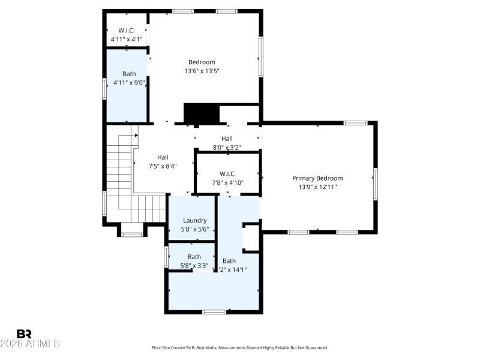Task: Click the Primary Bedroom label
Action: [x=317, y=178]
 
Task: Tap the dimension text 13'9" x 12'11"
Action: [x=317, y=187]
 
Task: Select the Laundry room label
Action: [x=194, y=220]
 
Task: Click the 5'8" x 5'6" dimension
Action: [x=194, y=229]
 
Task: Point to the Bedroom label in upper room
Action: [x=202, y=62]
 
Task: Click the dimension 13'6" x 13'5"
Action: [x=202, y=71]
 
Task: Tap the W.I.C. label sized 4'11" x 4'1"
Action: [x=126, y=30]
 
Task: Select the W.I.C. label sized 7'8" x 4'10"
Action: [x=227, y=174]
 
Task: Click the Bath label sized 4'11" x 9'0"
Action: [x=129, y=74]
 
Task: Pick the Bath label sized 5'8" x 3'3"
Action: [x=194, y=257]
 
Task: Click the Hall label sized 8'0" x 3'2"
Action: [x=227, y=139]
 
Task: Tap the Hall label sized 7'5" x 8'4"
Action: [x=163, y=157]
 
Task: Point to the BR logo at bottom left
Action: [x=24, y=334]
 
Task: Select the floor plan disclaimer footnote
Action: [x=240, y=347]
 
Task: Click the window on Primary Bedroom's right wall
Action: [x=376, y=184]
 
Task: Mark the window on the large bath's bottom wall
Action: [x=214, y=311]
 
